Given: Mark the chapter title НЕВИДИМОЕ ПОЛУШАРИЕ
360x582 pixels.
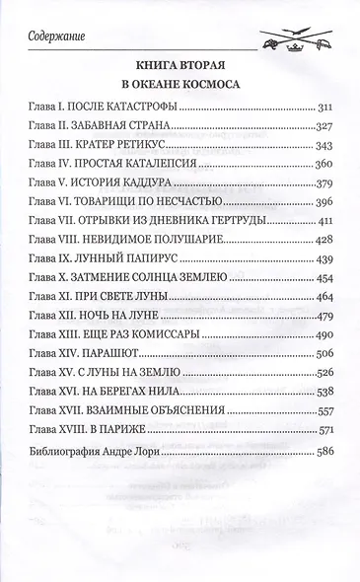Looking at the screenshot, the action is tap(155, 274).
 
